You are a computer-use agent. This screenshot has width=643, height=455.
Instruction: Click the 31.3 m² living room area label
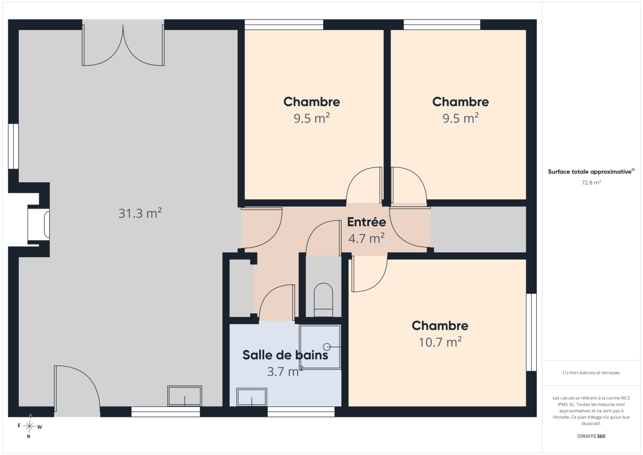[x=140, y=213]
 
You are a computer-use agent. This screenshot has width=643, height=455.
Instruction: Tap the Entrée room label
[x=367, y=222]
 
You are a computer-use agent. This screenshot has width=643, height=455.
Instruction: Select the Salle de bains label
[x=285, y=355]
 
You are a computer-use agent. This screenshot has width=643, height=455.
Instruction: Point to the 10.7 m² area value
[x=440, y=342]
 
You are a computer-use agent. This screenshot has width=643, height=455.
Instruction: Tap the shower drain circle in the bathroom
[x=327, y=347]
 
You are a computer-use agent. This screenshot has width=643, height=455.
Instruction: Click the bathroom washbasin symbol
[x=252, y=397]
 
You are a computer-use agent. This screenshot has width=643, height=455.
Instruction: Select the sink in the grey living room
[x=184, y=396]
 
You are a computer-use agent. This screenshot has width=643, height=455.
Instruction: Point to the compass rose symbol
[x=29, y=426]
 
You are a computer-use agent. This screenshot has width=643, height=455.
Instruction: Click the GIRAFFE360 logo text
[x=591, y=436]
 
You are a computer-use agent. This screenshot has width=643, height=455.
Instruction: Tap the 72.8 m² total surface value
[x=591, y=183]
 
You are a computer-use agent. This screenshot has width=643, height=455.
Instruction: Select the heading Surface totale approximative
[x=590, y=172]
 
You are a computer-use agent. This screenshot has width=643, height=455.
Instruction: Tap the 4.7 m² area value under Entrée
[x=367, y=239]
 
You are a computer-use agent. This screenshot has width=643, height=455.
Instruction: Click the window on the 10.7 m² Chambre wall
[x=531, y=332]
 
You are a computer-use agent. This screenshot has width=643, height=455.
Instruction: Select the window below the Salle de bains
[x=301, y=412]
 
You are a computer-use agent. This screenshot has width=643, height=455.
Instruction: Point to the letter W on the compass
[x=40, y=427]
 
